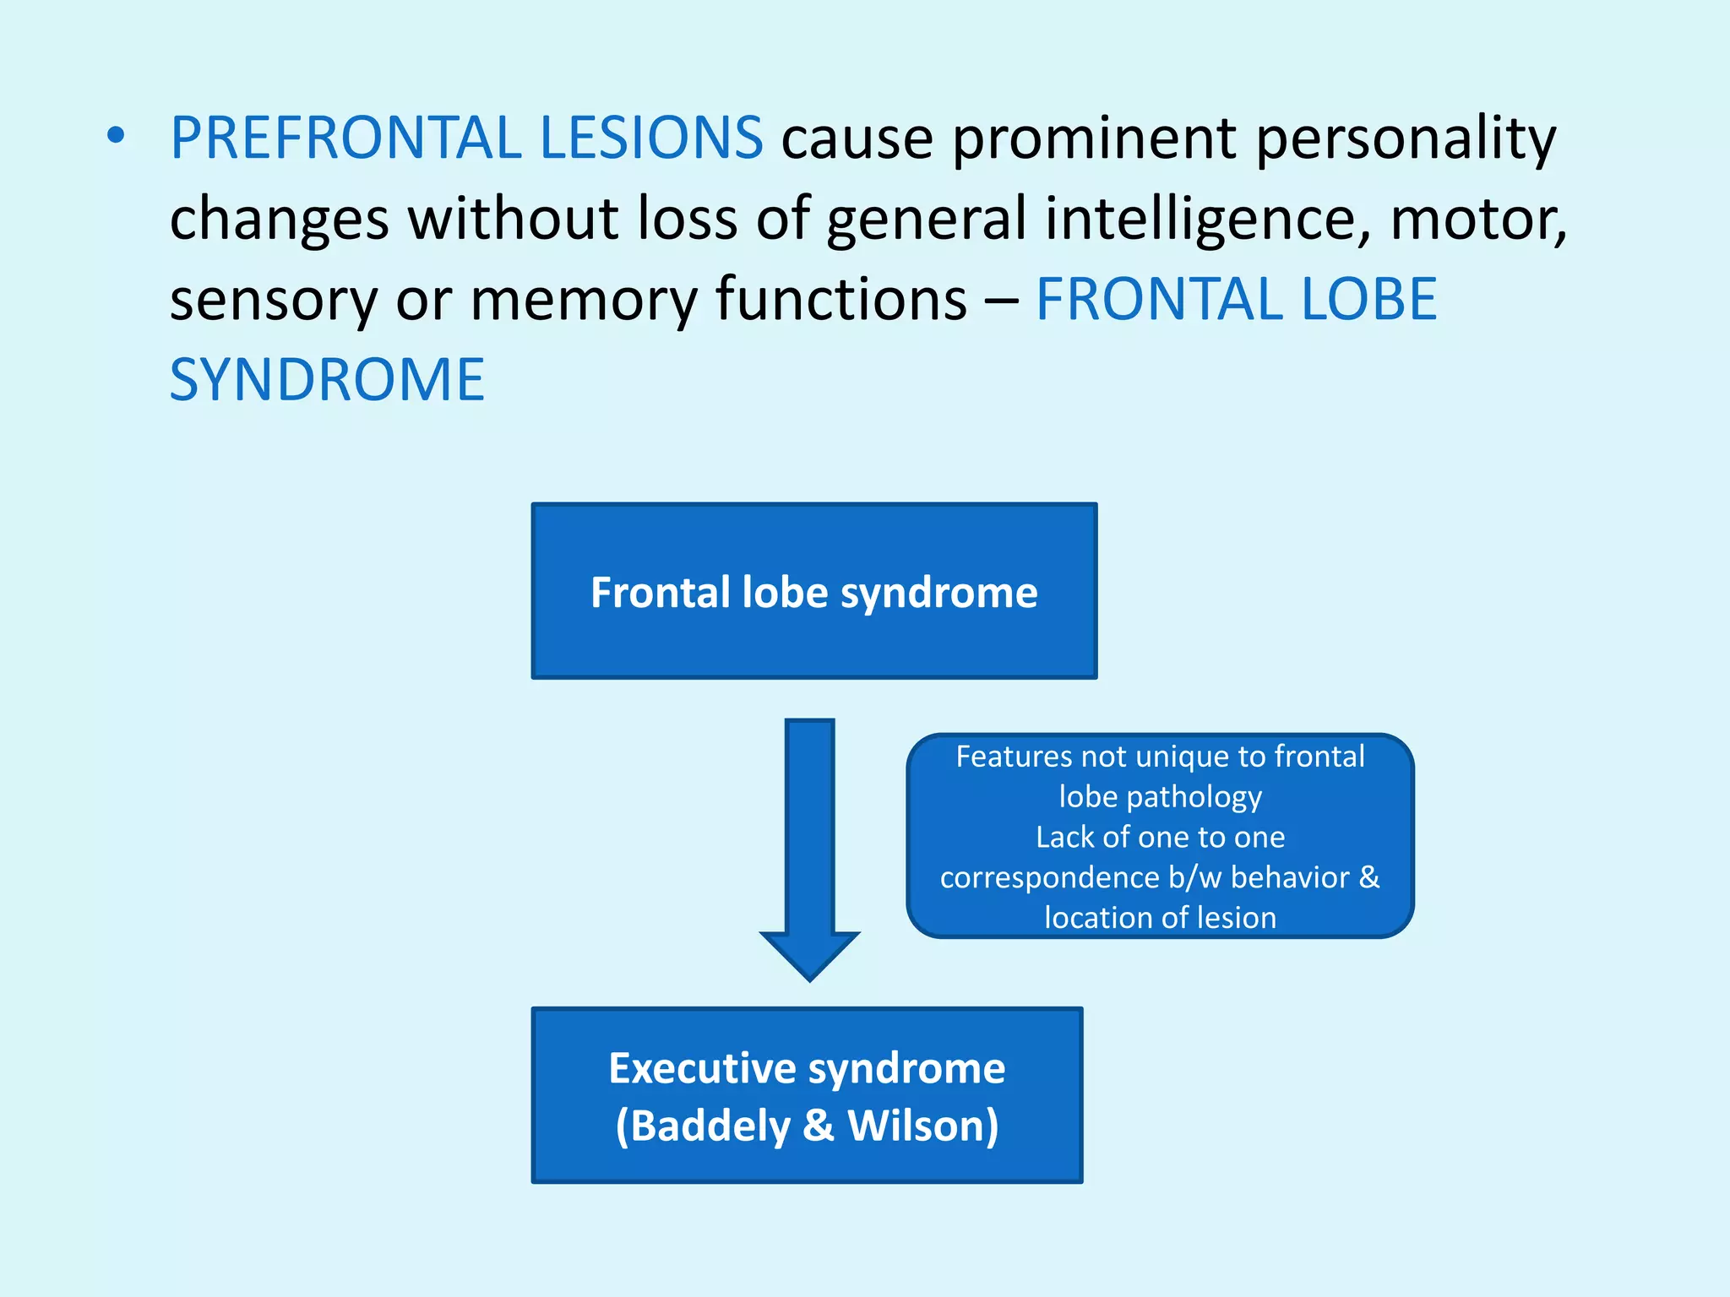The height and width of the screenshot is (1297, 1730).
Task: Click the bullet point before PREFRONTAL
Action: [x=117, y=137]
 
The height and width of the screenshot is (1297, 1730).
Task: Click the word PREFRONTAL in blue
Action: [x=346, y=138]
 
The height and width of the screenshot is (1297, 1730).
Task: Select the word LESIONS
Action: [x=651, y=138]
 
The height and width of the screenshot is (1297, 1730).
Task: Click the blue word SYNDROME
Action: [x=327, y=380]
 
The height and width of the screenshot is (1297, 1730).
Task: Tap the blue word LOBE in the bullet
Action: [x=1368, y=301]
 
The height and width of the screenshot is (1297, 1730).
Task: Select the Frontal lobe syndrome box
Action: [x=813, y=591]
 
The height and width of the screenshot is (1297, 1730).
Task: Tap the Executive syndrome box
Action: [x=807, y=1095]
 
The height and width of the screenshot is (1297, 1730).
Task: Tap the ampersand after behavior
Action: [x=1368, y=877]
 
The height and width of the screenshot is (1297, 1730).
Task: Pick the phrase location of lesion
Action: [x=1160, y=918]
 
